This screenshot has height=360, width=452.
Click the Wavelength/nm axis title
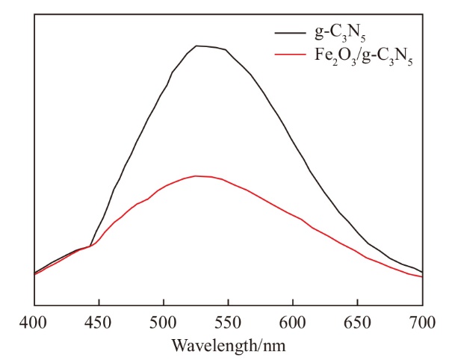coord(229,345)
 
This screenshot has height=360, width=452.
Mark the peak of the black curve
coord(197,46)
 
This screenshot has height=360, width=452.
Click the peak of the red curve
coord(196,176)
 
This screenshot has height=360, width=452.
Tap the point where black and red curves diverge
coord(91,246)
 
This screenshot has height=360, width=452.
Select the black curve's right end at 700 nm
coord(422,272)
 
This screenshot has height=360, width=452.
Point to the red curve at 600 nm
coord(293,216)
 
